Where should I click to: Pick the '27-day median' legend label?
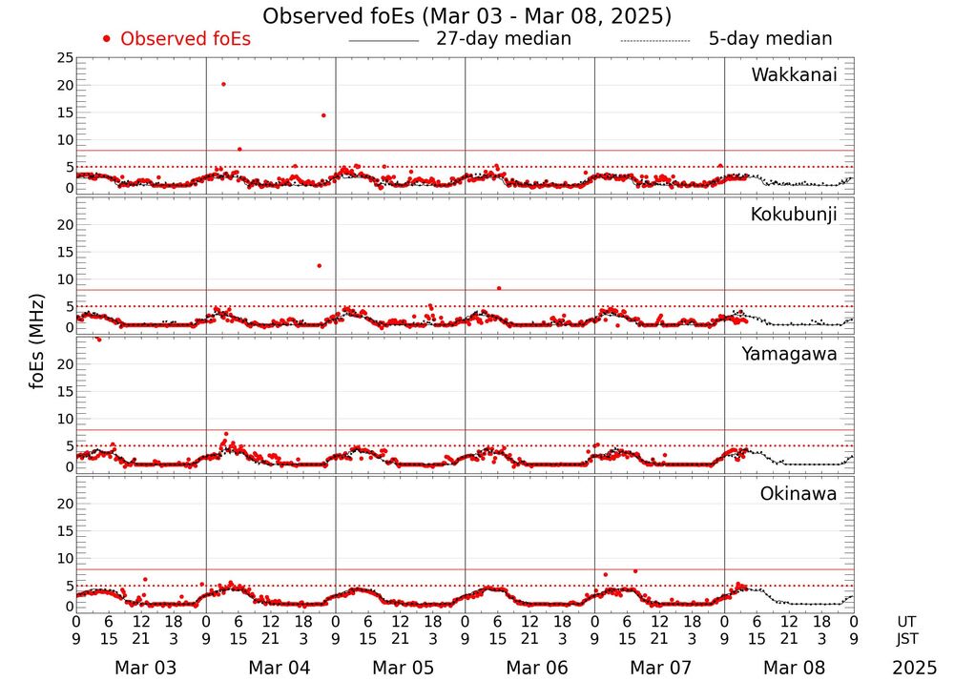click(504, 39)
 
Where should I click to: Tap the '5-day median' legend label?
click(770, 39)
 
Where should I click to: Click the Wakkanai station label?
click(794, 75)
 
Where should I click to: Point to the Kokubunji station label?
click(794, 215)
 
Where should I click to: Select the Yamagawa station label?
click(790, 354)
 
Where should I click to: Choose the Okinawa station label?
click(798, 494)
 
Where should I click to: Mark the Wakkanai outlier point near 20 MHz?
click(223, 84)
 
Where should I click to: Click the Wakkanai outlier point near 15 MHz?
click(323, 115)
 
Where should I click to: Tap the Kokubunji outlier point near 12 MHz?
click(319, 265)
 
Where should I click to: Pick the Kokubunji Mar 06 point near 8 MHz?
click(498, 287)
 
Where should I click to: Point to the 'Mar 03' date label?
click(140, 668)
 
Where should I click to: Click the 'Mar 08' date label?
click(789, 668)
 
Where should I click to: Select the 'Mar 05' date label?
click(399, 668)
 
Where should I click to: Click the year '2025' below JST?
click(915, 668)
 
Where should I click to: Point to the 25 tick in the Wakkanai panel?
click(64, 58)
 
